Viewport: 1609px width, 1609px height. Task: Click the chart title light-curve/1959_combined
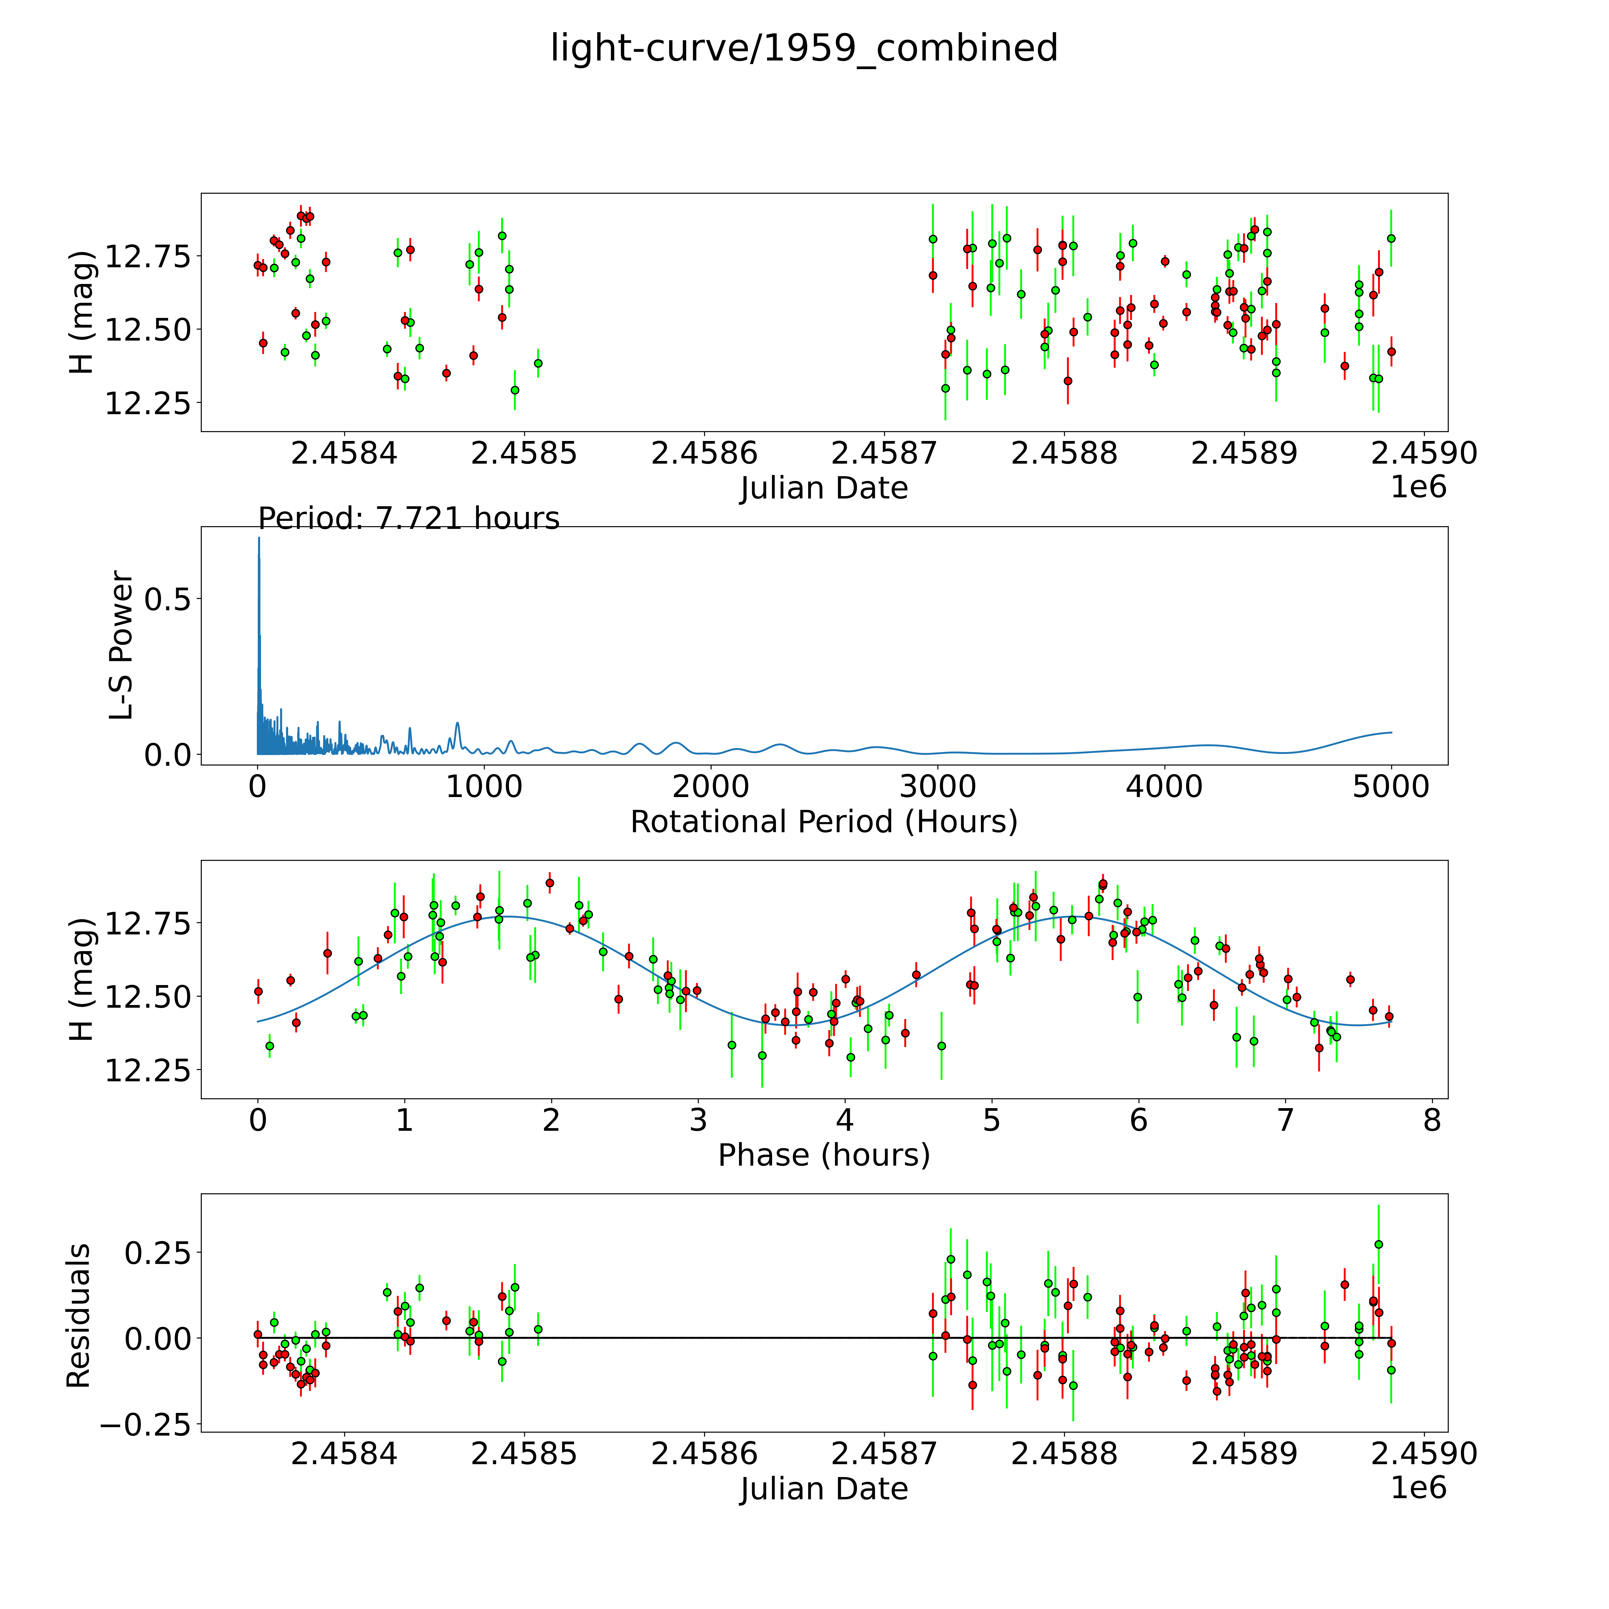[x=804, y=48]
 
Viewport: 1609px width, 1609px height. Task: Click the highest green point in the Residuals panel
[x=1378, y=1244]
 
